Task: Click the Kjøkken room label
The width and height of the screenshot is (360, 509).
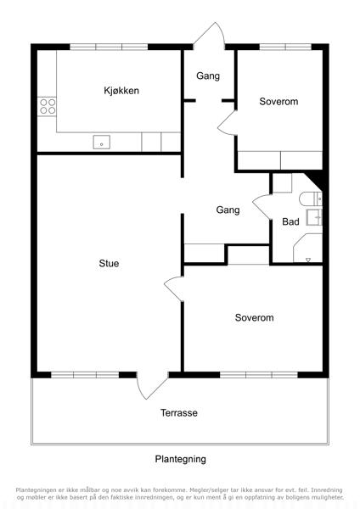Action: (121, 91)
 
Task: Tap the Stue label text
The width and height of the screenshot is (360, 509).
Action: (109, 263)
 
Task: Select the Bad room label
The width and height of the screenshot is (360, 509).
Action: (290, 221)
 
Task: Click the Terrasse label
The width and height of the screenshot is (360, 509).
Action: (178, 412)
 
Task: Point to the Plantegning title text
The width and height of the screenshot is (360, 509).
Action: (180, 459)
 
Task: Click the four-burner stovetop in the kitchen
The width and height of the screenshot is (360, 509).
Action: (48, 107)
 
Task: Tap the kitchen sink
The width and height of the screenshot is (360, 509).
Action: (101, 143)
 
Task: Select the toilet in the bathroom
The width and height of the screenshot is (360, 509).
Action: (310, 199)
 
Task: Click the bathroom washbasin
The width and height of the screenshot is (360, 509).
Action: (314, 217)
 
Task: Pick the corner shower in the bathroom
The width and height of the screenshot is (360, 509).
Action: (307, 248)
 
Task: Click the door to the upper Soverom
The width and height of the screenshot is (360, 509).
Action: (227, 123)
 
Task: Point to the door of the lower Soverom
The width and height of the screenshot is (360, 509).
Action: (174, 288)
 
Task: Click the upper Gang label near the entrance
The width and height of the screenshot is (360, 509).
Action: (208, 76)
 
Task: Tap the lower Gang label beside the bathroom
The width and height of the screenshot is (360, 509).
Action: (228, 210)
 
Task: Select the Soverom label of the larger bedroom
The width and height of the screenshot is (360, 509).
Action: (254, 317)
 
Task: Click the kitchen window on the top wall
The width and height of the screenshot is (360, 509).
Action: (109, 47)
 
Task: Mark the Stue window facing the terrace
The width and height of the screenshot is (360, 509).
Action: (85, 375)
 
